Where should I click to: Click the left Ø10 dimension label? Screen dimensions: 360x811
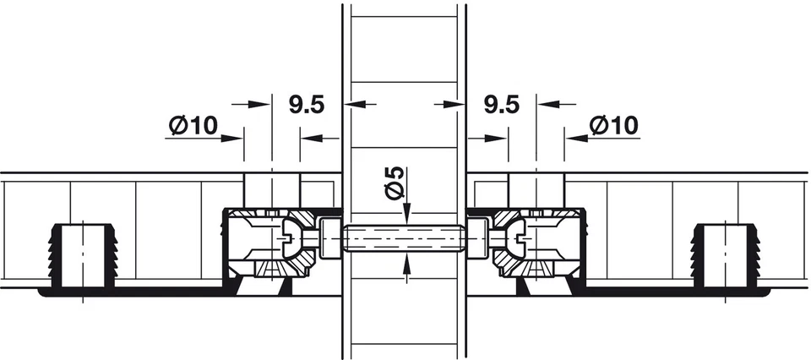click(x=193, y=126)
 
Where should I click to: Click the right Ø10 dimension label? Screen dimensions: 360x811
click(x=613, y=126)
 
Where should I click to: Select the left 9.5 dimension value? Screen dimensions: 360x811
click(x=307, y=105)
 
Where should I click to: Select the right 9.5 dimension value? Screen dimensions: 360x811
click(x=502, y=105)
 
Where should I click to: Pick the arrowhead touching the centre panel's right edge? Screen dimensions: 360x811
click(x=455, y=105)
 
